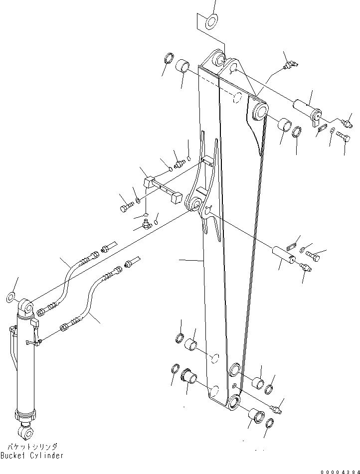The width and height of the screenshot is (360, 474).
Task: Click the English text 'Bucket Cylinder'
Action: pyautogui.click(x=32, y=456)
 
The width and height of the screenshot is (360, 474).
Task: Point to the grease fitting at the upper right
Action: pyautogui.click(x=289, y=65)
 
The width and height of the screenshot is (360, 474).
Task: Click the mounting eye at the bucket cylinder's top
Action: pyautogui.click(x=27, y=307)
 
